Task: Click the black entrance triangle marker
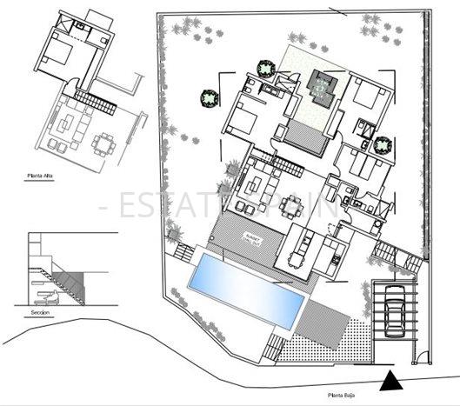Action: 393,380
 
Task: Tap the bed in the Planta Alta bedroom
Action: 57,56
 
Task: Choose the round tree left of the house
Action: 209,98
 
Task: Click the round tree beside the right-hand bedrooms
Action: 383,144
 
